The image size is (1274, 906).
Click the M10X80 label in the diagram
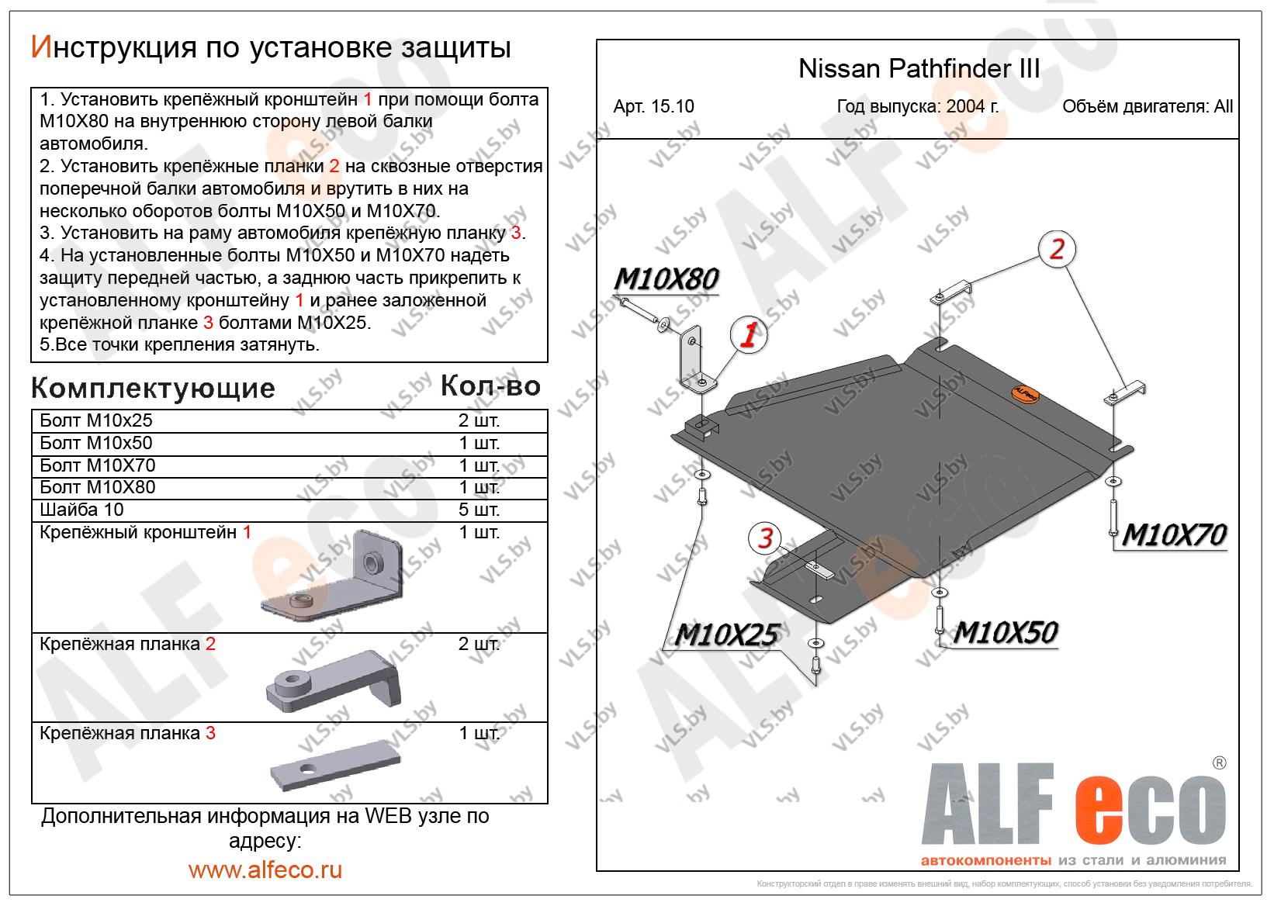pyautogui.click(x=666, y=279)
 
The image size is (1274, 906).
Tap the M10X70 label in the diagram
pyautogui.click(x=1173, y=535)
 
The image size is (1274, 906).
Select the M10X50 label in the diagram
pyautogui.click(x=1005, y=633)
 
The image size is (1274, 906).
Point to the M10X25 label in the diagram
pyautogui.click(x=725, y=635)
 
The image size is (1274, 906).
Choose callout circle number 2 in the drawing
pyautogui.click(x=1057, y=249)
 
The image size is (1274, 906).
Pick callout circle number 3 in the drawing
pyautogui.click(x=766, y=538)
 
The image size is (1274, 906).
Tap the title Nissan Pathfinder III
pyautogui.click(x=919, y=70)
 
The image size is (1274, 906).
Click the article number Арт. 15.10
pyautogui.click(x=653, y=107)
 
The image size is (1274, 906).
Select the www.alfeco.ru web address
pyautogui.click(x=265, y=870)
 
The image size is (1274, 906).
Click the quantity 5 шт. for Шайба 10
pyautogui.click(x=479, y=510)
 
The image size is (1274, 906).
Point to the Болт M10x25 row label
pyautogui.click(x=96, y=420)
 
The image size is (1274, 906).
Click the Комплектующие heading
pyautogui.click(x=153, y=388)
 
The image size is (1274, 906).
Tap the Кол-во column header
pyautogui.click(x=490, y=386)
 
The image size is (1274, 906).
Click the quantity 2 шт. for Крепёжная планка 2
pyautogui.click(x=479, y=645)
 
